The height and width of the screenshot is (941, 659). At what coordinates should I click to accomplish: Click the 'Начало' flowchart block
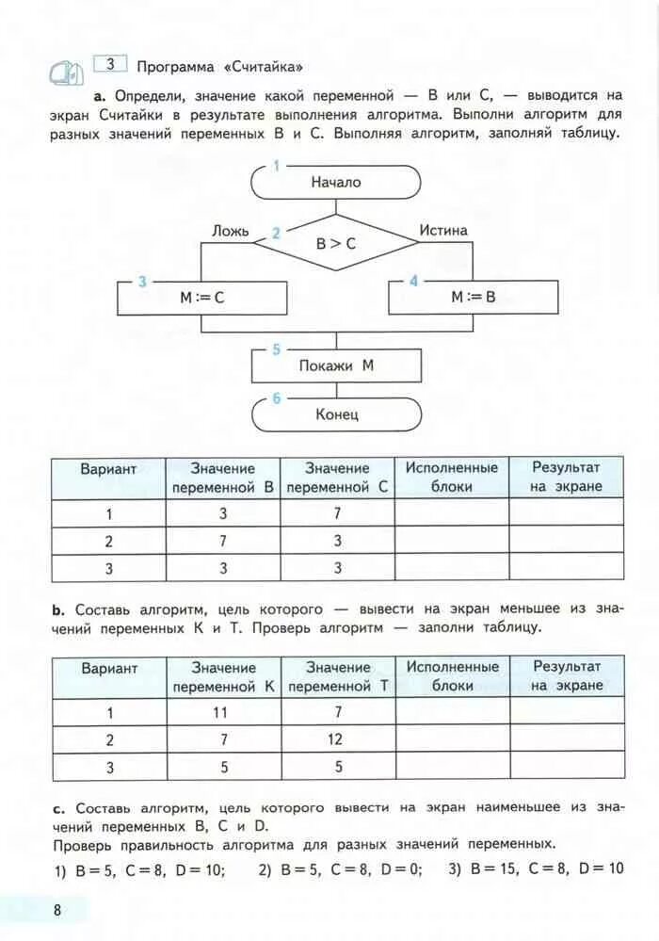click(336, 183)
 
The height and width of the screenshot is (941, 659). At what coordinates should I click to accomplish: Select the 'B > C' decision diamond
click(336, 243)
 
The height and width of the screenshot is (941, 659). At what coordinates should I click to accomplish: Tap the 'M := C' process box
click(202, 298)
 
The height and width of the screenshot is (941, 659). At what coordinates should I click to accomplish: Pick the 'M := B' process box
click(473, 298)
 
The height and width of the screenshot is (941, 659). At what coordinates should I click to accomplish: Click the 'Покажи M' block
click(336, 365)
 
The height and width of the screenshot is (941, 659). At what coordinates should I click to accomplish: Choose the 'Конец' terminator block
click(336, 414)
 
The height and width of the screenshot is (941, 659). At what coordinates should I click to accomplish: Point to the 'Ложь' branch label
click(231, 230)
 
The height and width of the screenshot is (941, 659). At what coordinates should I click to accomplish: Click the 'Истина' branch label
click(443, 230)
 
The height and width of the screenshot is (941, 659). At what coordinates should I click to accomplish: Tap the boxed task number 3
click(110, 64)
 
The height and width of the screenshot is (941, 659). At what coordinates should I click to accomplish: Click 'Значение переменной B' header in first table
click(223, 478)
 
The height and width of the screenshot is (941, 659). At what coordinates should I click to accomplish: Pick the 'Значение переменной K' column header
click(223, 677)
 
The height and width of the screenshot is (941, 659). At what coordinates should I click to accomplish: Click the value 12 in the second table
click(336, 739)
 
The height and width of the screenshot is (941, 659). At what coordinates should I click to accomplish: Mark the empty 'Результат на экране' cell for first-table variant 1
click(566, 514)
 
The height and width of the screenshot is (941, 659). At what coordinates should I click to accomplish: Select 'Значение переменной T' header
click(338, 677)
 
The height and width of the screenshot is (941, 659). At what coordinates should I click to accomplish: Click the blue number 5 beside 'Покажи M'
click(276, 349)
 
